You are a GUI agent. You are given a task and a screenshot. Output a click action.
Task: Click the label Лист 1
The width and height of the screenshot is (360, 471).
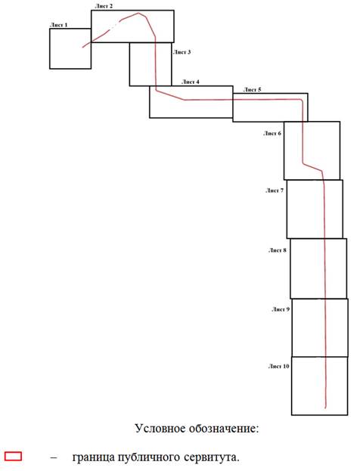tap(58, 25)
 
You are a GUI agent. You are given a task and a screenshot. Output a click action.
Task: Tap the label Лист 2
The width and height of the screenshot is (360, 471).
tap(104, 6)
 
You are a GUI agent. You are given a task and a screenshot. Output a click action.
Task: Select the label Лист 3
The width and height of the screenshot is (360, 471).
tap(182, 52)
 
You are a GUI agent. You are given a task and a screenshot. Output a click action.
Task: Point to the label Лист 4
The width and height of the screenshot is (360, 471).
tap(191, 82)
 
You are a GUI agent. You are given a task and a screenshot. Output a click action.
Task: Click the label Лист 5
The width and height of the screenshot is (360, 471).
tap(252, 89)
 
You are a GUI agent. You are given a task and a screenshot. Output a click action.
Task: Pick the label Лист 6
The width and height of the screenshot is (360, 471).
tap(272, 133)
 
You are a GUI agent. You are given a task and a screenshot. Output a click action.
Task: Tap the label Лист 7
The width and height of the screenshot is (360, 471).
tap(275, 191)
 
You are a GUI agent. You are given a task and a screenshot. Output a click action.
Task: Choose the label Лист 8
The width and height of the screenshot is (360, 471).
tap(278, 250)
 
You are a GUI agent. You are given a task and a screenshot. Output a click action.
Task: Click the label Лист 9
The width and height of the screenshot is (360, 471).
tap(281, 309)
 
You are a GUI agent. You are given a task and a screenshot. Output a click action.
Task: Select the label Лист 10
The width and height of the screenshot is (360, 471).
tap(279, 367)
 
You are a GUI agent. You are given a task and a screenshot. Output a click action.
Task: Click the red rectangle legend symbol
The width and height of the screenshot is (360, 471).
tap(13, 456)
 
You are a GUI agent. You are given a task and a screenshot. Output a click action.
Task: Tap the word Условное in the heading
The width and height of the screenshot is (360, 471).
tap(160, 428)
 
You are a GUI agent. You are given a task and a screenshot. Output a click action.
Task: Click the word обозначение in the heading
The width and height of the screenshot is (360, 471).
tap(224, 429)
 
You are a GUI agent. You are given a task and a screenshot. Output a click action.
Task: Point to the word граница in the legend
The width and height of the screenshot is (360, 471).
tap(94, 458)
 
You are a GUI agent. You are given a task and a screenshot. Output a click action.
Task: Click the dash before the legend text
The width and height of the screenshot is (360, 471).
tap(54, 458)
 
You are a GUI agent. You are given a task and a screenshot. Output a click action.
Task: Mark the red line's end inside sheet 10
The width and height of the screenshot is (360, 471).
tap(326, 408)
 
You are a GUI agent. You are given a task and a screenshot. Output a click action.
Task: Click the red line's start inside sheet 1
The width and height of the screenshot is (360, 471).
tap(82, 47)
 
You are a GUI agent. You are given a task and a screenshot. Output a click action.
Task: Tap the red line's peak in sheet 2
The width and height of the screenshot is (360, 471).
tap(138, 13)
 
